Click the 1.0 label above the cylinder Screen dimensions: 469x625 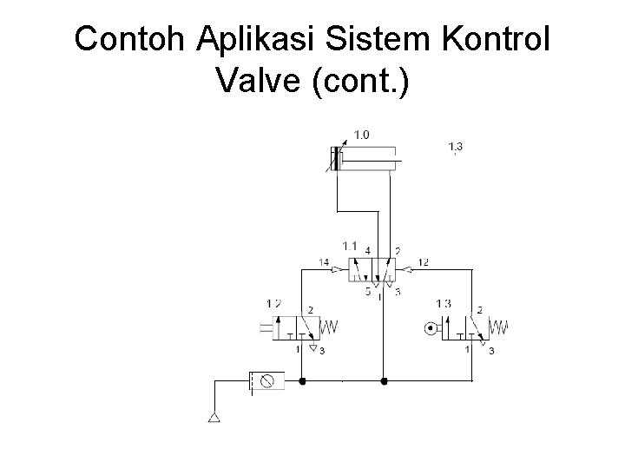[361, 134]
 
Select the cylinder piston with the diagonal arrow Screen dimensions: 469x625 [334, 161]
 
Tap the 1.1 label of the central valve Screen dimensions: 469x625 [351, 246]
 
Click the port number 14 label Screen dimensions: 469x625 [324, 261]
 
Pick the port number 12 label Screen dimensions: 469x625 [423, 261]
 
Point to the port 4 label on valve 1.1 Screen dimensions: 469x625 [368, 250]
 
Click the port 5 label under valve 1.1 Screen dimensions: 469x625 [367, 292]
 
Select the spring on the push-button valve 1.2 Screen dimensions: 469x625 [330, 327]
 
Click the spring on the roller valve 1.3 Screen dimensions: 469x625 [498, 327]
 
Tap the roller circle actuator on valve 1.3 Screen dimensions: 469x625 [431, 328]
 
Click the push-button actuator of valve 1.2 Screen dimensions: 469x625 [266, 327]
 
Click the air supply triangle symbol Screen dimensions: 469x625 [214, 419]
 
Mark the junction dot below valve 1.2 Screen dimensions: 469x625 [301, 380]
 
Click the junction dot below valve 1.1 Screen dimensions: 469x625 [384, 380]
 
